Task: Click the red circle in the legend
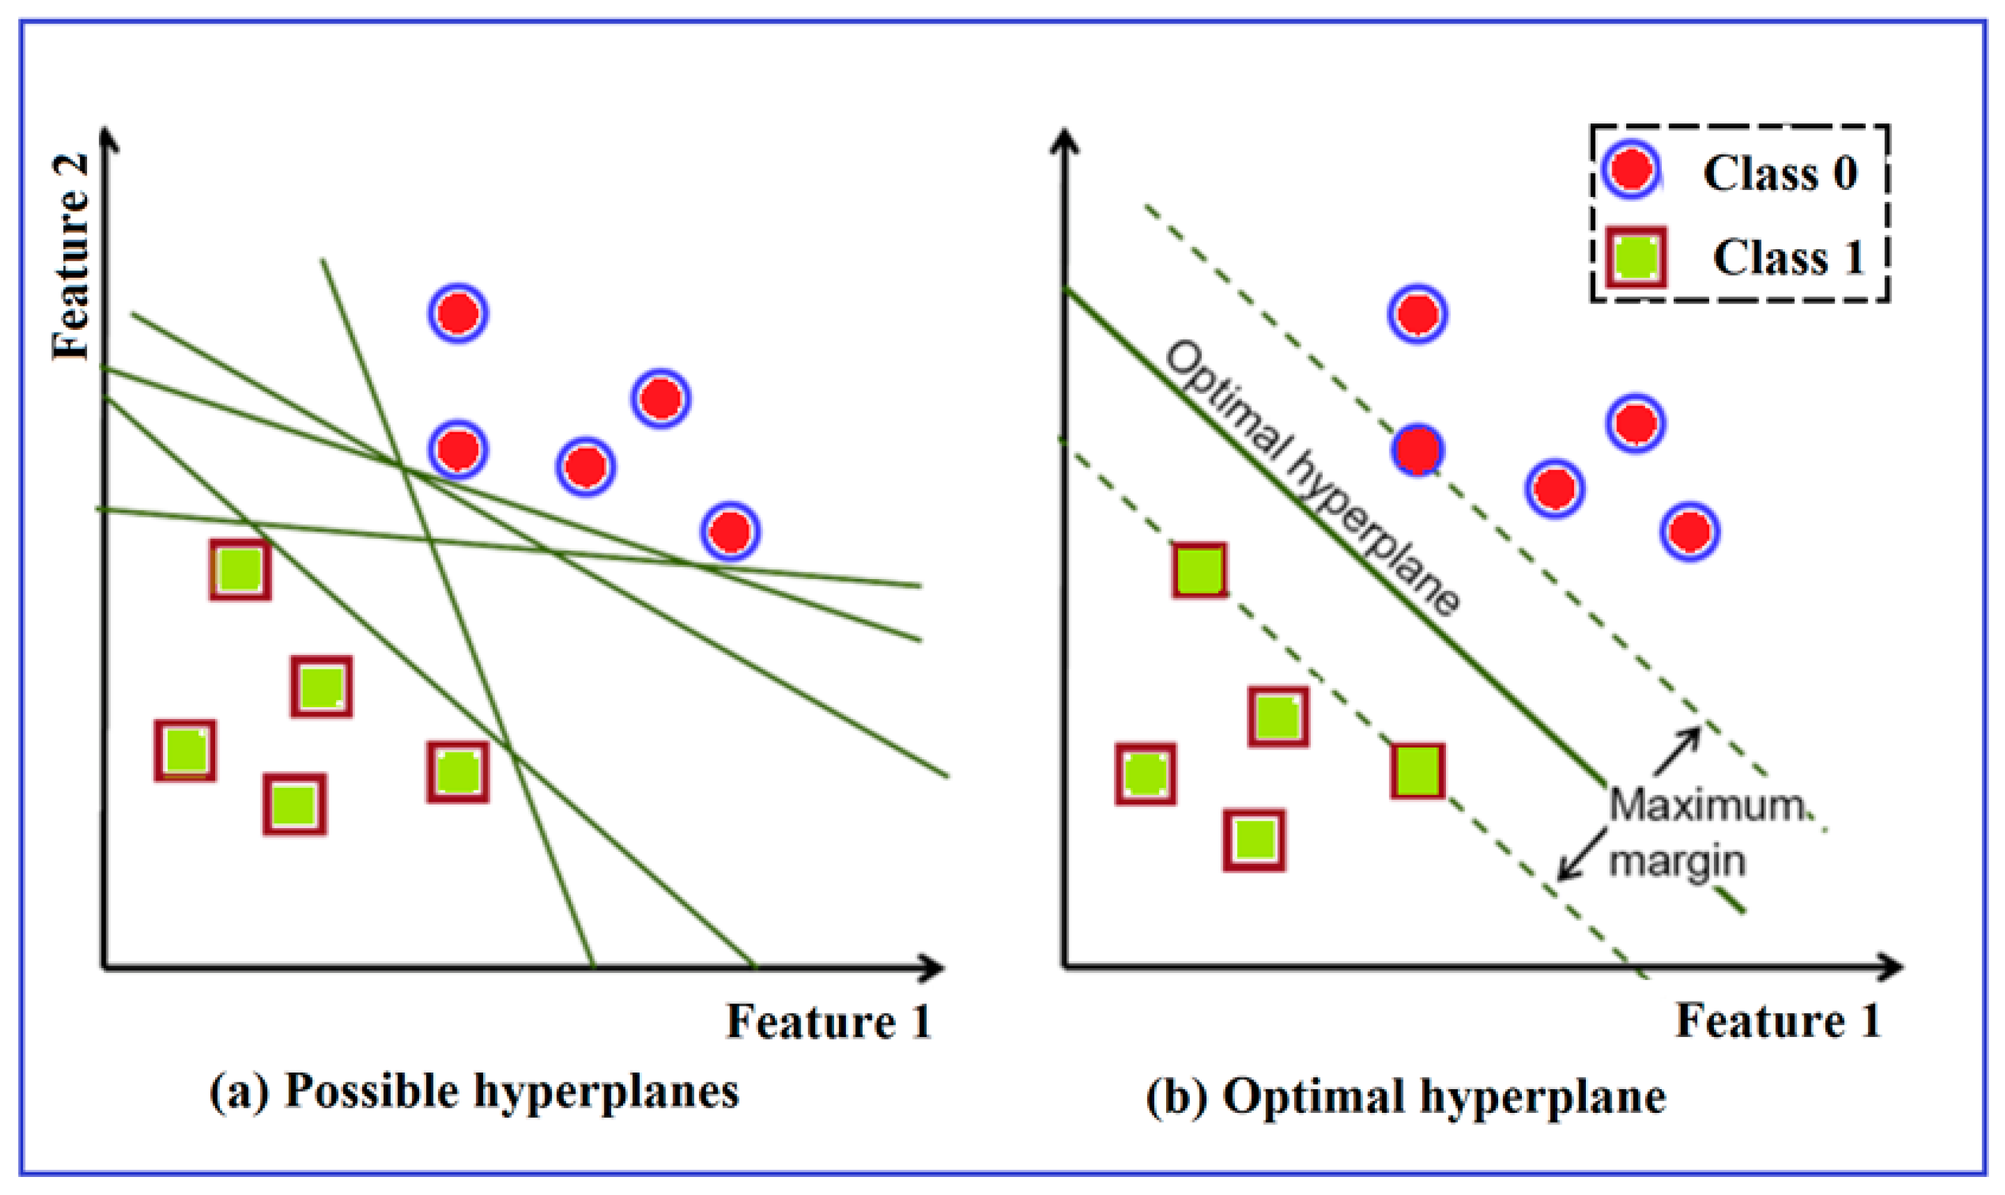click(1631, 171)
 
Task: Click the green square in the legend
click(1635, 258)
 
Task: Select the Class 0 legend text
click(1779, 173)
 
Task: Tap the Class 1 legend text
click(1788, 258)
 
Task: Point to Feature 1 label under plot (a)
click(828, 1021)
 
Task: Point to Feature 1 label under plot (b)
click(1778, 1021)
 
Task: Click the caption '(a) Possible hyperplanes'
click(474, 1093)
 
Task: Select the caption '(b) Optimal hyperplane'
click(1405, 1096)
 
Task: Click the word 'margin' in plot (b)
click(1676, 862)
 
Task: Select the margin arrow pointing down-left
click(1579, 856)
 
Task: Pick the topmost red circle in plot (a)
click(458, 312)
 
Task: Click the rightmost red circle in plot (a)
click(730, 530)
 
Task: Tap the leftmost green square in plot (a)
click(185, 750)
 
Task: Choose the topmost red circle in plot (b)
click(1418, 313)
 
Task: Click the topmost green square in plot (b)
click(1200, 570)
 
